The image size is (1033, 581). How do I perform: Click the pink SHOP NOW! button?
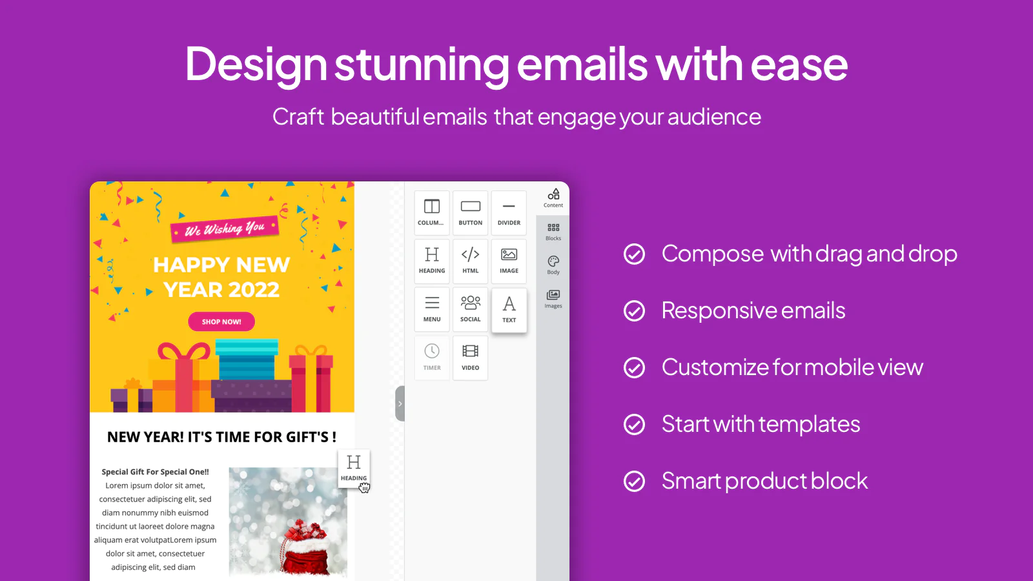click(221, 321)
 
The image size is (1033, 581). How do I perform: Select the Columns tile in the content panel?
click(432, 212)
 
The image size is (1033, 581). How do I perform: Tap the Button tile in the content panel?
click(471, 212)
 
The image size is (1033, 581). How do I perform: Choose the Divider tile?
click(509, 212)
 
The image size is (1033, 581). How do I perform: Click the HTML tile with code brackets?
click(471, 261)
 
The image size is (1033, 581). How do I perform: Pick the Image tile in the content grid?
click(509, 261)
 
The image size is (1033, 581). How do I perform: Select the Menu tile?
click(432, 309)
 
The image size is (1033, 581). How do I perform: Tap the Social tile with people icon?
click(471, 309)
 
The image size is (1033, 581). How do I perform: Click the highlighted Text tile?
click(509, 311)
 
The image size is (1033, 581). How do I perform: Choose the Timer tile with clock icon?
click(432, 358)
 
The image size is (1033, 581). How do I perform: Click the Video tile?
click(471, 358)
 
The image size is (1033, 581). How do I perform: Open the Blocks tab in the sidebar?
click(553, 232)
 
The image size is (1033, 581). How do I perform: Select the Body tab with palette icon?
click(553, 265)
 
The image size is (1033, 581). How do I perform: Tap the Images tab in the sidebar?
click(553, 299)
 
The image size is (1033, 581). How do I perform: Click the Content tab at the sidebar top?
click(553, 198)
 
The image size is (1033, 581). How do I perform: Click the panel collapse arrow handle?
click(400, 403)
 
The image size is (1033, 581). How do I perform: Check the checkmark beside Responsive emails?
click(634, 311)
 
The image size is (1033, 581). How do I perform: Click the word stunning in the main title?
click(422, 65)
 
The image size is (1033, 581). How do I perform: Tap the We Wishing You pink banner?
click(225, 229)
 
